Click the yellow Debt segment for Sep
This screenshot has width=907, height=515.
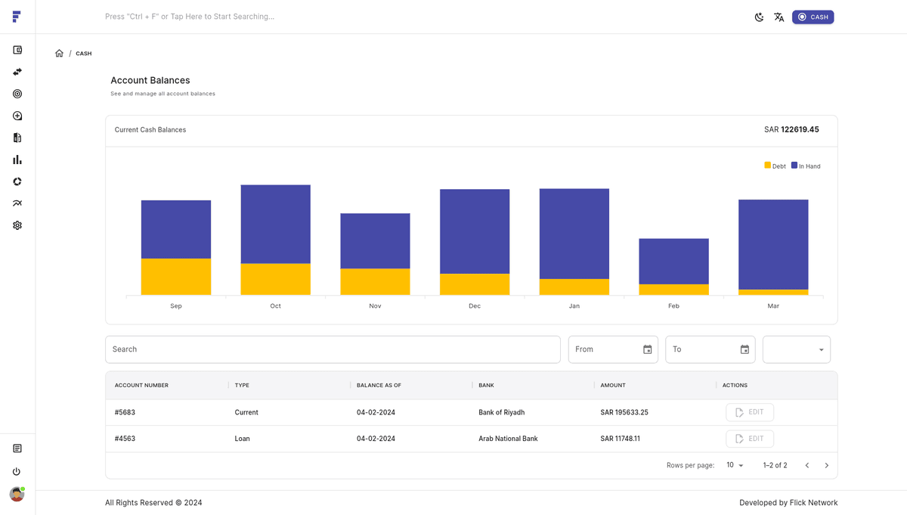click(x=175, y=277)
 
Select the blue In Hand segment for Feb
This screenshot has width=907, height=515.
click(x=673, y=262)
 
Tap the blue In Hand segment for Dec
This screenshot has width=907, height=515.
click(x=475, y=231)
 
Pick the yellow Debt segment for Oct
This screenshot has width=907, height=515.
click(x=275, y=279)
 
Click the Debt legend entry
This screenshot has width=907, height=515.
click(x=775, y=166)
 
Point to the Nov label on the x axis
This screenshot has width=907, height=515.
click(x=375, y=306)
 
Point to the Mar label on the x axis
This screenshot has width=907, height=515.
click(x=773, y=306)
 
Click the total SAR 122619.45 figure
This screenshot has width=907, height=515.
click(x=791, y=130)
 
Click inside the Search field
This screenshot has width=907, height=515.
click(x=333, y=349)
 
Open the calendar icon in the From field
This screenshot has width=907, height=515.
click(x=648, y=349)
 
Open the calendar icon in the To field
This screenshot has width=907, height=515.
click(x=744, y=349)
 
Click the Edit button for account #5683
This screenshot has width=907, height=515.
click(x=749, y=412)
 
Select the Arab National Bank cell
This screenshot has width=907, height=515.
click(x=508, y=439)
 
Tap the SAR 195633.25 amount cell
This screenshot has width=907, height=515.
click(x=624, y=413)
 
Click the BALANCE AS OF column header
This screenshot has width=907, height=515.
click(x=379, y=386)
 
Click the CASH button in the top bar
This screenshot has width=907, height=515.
click(x=813, y=17)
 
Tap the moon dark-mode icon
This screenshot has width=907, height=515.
click(x=759, y=17)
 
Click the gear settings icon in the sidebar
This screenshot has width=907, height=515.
click(x=17, y=225)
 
